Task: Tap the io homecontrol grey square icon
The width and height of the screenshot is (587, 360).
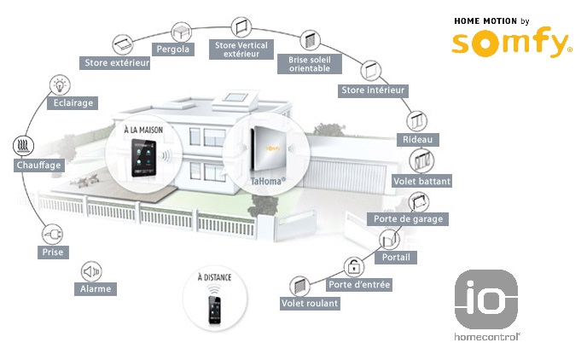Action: click(485, 299)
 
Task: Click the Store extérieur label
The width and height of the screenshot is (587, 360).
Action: click(117, 62)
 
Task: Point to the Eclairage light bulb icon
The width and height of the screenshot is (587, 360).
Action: click(60, 84)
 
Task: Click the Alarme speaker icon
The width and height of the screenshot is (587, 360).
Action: click(90, 272)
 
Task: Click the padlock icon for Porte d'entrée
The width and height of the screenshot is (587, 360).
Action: click(352, 265)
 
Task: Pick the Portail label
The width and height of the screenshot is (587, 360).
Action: click(394, 257)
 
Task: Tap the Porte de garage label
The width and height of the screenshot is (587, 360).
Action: click(410, 219)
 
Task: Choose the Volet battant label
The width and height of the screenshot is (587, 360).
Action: click(421, 181)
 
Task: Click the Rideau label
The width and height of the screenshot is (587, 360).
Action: click(418, 139)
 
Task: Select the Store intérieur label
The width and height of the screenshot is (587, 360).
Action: click(373, 90)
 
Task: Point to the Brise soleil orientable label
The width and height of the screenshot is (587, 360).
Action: click(310, 63)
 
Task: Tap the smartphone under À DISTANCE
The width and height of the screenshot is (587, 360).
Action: click(214, 308)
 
